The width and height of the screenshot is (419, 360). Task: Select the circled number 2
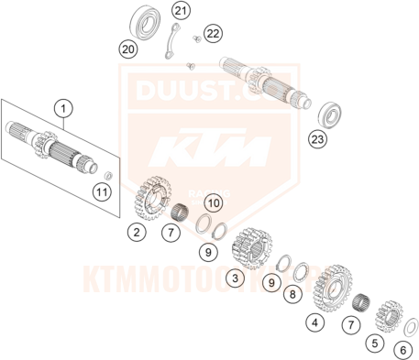click(x=136, y=232)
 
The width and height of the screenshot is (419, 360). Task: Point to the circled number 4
click(x=314, y=322)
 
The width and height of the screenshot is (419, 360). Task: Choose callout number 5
click(x=374, y=344)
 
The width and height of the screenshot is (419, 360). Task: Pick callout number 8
click(x=292, y=295)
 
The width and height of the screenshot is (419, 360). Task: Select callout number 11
click(x=102, y=191)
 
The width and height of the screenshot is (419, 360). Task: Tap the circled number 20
click(x=128, y=48)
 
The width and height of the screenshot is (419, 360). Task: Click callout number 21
click(x=180, y=11)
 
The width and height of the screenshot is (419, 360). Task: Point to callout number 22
click(x=213, y=34)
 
